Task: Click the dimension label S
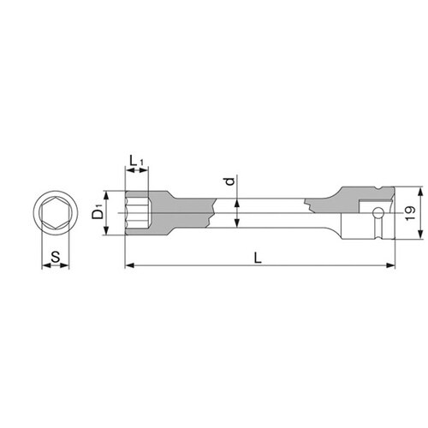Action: click(x=56, y=257)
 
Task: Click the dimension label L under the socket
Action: click(x=258, y=259)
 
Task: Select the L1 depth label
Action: click(x=137, y=161)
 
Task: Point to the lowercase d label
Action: click(x=229, y=181)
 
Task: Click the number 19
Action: click(x=410, y=213)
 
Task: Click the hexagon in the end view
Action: click(x=56, y=213)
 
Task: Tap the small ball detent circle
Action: click(x=377, y=212)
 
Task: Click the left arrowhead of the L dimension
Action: click(x=130, y=265)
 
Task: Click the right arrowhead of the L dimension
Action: click(x=390, y=265)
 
